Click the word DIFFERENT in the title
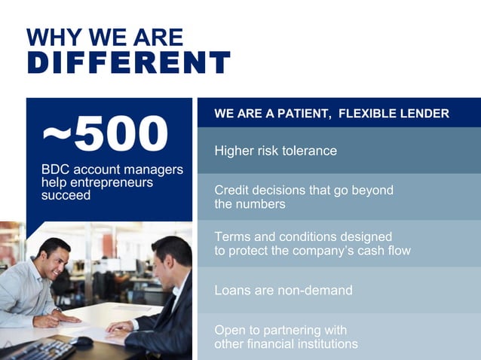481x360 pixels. coord(128,63)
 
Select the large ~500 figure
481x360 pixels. coord(105,134)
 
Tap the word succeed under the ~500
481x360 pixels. coord(66,195)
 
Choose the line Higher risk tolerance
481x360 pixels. coord(275,151)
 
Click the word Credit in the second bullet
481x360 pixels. coord(233,190)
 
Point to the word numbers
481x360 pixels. coord(261,204)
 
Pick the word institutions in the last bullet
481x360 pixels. coord(320,344)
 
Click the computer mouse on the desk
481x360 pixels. coord(81,341)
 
